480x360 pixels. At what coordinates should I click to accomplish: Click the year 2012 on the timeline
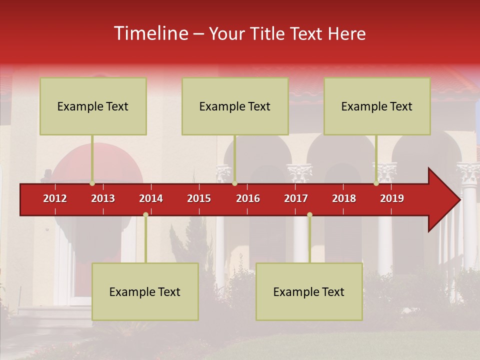point(55,198)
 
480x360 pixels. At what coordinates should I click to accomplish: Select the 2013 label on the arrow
point(103,198)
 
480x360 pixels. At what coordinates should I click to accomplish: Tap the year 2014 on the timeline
point(151,198)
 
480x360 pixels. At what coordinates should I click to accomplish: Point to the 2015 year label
point(199,198)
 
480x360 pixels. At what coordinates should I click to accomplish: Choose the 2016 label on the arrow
point(248,198)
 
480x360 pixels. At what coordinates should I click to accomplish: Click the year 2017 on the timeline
point(296,198)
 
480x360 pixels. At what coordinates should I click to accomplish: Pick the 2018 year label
point(344,198)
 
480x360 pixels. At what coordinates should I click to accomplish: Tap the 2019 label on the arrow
point(392,198)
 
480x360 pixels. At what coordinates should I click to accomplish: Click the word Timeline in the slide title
point(150,33)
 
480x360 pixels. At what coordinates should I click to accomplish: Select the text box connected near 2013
point(93,106)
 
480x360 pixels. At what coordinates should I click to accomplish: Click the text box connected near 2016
point(235,106)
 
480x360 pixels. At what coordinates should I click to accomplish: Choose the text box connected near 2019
point(377,106)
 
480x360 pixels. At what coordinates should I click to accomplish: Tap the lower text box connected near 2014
point(145,291)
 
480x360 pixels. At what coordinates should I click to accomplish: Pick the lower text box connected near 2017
point(309,291)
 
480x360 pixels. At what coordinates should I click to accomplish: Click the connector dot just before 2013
point(92,183)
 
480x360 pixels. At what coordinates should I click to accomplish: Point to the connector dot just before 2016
point(234,183)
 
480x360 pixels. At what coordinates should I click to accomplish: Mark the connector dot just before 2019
point(376,183)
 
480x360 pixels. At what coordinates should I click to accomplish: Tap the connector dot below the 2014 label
point(145,214)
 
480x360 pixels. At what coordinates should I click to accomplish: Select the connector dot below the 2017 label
point(309,214)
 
